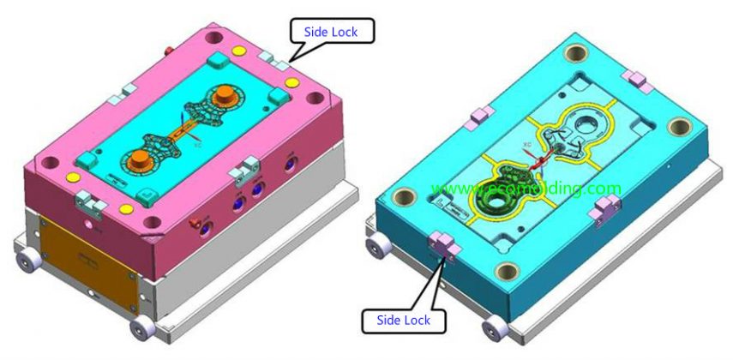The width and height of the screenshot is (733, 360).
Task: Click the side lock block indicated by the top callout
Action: click(x=273, y=58)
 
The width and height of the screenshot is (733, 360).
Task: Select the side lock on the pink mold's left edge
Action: click(x=88, y=201)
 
